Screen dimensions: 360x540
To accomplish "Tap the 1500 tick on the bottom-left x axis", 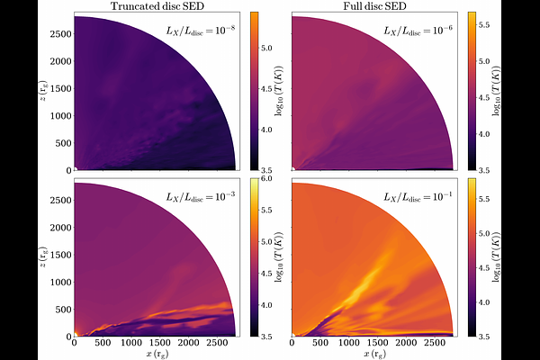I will (158, 344).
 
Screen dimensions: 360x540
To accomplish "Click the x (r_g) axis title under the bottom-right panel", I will (374, 353).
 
